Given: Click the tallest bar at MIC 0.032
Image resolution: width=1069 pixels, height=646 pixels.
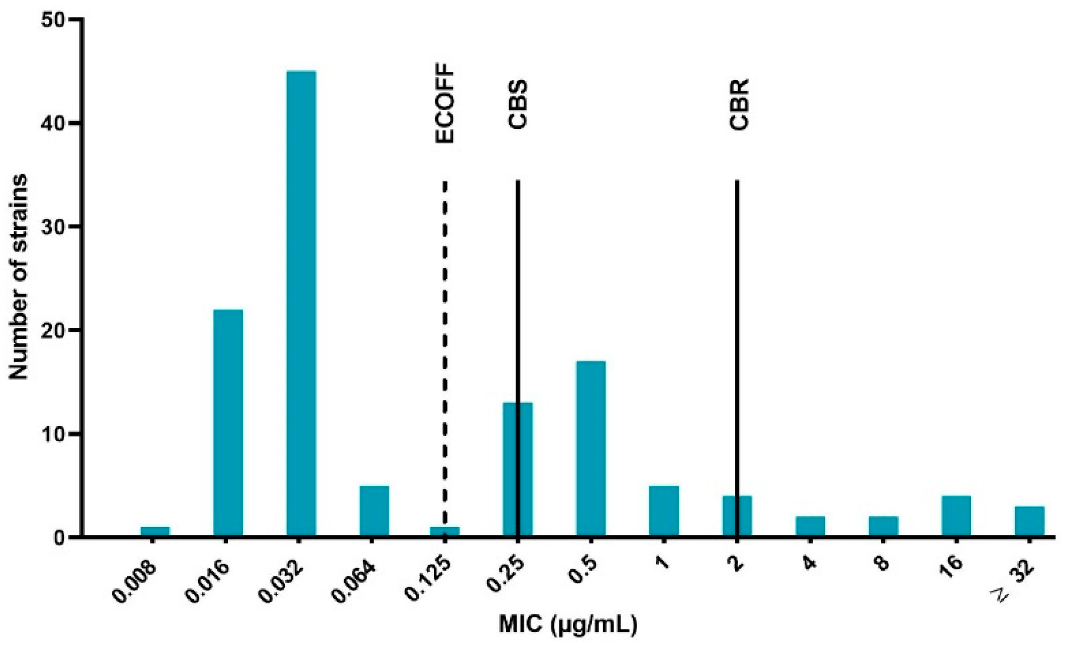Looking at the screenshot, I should [301, 304].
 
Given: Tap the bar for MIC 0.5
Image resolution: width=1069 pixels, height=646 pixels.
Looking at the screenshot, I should [590, 449].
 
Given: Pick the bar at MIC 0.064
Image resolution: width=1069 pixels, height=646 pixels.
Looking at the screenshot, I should [374, 511].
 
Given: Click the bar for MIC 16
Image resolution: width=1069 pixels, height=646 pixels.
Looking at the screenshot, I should [956, 516].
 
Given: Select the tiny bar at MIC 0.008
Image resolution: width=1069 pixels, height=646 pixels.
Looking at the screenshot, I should [155, 532].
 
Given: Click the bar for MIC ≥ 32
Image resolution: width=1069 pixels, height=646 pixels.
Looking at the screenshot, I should [1029, 522].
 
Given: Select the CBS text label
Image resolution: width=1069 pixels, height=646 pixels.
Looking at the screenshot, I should [518, 104].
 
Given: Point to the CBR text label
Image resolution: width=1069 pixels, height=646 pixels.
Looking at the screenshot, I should [739, 105].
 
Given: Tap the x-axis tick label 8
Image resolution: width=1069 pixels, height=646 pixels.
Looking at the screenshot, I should [880, 563].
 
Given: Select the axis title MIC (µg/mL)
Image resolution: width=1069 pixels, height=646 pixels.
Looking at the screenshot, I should [568, 625].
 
